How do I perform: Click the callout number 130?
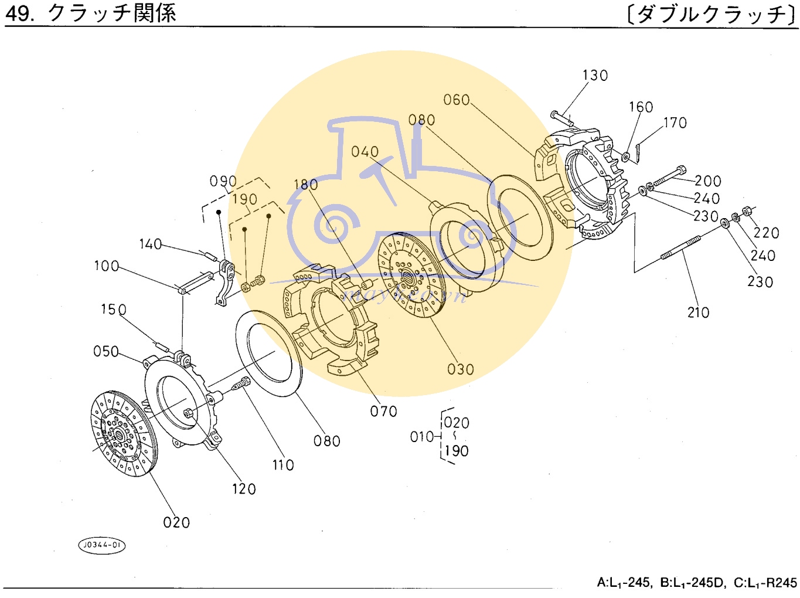click(x=595, y=76)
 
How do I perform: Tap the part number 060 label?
click(x=457, y=100)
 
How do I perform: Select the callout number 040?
click(x=365, y=152)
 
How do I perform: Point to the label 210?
click(x=698, y=312)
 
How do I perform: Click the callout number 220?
click(x=766, y=233)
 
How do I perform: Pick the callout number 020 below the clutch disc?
click(x=176, y=522)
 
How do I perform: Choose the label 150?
click(x=113, y=310)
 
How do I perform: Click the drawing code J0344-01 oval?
click(x=102, y=545)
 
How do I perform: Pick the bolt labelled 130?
click(x=562, y=118)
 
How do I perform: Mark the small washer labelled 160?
click(x=625, y=157)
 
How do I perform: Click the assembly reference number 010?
click(x=422, y=437)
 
